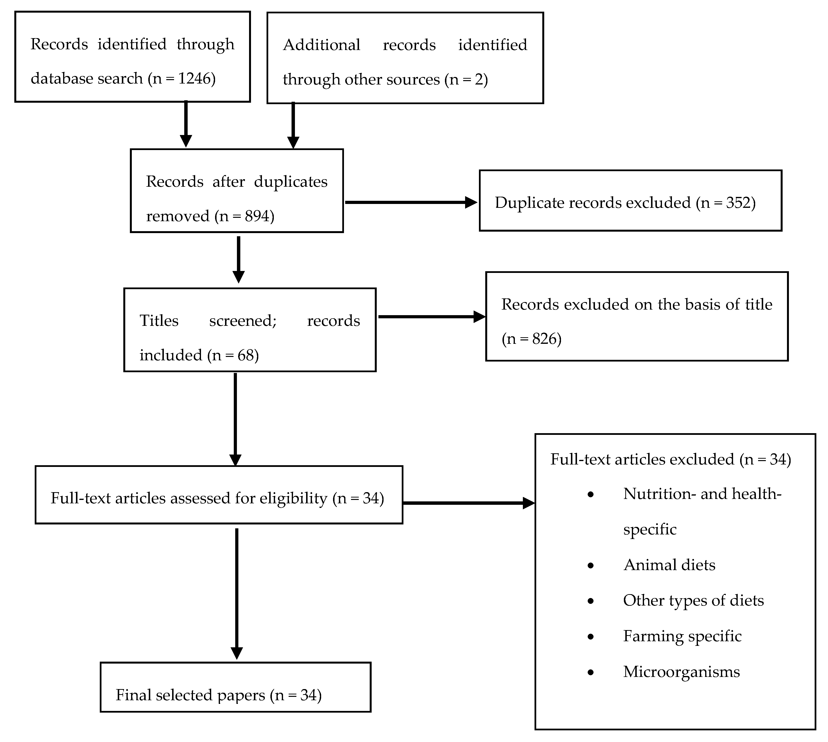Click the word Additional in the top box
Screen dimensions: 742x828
coord(321,45)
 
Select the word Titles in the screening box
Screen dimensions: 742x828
coord(159,321)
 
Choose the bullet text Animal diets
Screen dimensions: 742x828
coord(669,565)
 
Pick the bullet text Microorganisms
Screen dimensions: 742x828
coord(681,672)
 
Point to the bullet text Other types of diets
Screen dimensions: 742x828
coord(693,600)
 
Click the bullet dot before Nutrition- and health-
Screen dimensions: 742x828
coord(590,495)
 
